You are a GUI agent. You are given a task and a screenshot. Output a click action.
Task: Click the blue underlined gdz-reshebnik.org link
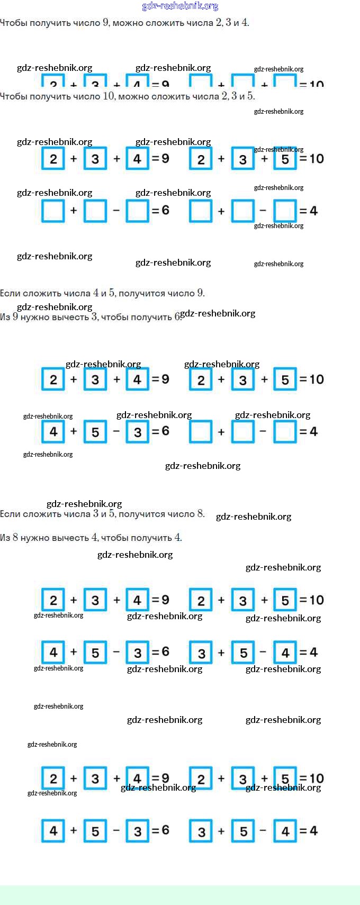[180, 6]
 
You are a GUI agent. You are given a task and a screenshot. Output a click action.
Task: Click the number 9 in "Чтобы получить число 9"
[106, 23]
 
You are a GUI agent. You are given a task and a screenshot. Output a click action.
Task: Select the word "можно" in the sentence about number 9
[128, 23]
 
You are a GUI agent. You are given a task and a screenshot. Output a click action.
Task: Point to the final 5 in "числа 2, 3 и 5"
[250, 96]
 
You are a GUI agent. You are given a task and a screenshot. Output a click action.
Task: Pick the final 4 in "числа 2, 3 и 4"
[245, 23]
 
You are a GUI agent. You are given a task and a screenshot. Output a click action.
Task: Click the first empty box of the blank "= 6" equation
[53, 211]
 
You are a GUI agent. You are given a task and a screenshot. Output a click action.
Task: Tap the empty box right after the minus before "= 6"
[137, 211]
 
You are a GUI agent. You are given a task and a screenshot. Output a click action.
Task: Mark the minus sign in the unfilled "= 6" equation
[116, 211]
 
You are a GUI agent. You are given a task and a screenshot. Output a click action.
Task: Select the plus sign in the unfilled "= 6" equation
[74, 211]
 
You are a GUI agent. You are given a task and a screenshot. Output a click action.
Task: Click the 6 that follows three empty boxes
[166, 211]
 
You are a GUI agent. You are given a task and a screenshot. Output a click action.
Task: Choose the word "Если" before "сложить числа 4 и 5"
[10, 293]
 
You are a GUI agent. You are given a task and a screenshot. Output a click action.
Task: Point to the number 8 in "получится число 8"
[201, 514]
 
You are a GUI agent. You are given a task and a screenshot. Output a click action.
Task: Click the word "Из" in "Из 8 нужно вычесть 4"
[5, 538]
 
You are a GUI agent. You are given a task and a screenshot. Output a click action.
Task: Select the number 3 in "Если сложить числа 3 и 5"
[96, 514]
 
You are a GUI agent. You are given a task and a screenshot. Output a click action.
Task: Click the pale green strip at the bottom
[180, 895]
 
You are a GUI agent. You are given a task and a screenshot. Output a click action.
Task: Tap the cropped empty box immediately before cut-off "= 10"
[285, 82]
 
